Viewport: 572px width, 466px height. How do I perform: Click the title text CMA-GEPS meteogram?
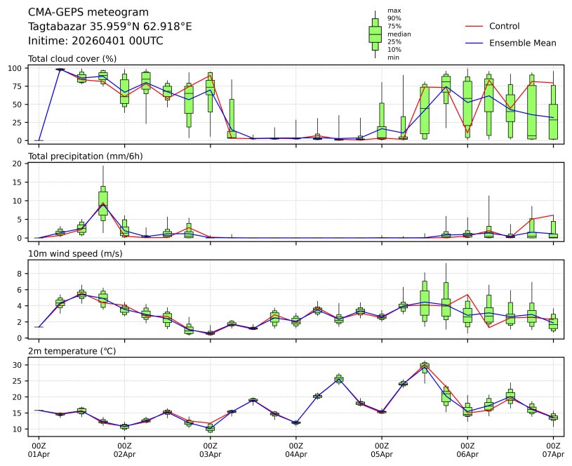[88, 13]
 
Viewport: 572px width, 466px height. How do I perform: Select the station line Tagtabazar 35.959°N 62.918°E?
[110, 27]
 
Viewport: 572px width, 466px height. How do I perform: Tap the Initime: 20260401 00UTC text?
[95, 41]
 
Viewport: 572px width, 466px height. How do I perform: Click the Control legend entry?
[504, 26]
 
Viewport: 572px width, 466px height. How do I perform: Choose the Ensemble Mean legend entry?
[522, 43]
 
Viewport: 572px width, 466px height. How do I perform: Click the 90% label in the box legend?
[394, 18]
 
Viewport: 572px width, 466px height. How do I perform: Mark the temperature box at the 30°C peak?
[425, 365]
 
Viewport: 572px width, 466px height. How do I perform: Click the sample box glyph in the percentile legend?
[375, 34]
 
